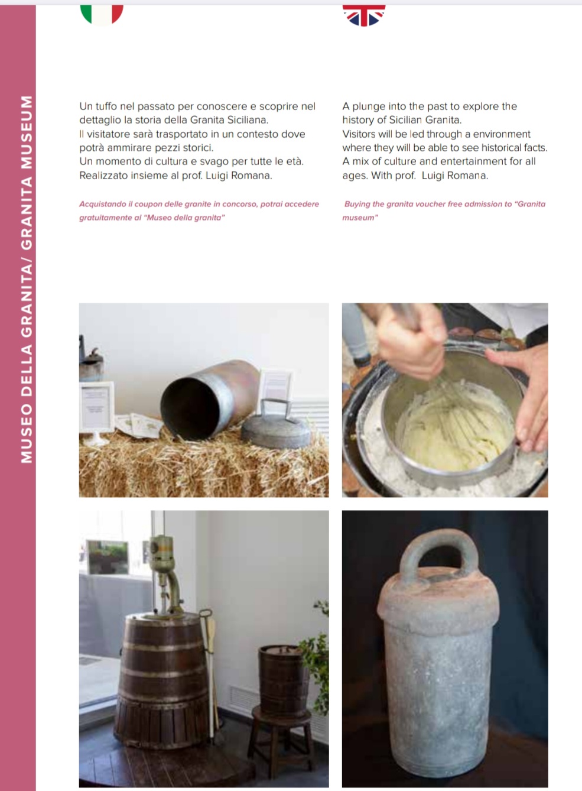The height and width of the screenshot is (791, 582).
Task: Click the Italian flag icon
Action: pos(102,15)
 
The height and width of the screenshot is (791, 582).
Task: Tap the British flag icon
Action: pos(364,15)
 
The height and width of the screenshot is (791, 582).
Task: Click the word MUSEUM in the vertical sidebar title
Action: pos(27,133)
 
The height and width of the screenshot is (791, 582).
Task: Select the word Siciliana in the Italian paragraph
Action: pos(248,120)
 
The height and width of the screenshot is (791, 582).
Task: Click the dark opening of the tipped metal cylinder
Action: pos(190,409)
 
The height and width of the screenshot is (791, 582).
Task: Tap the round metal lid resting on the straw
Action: pos(276,427)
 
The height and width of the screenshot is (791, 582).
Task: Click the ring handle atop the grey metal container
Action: pos(438,555)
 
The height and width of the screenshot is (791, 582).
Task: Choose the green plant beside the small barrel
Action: pos(316,657)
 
